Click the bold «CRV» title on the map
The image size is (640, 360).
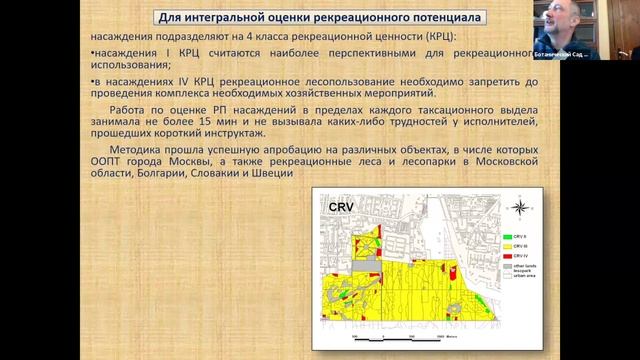(x=344, y=207)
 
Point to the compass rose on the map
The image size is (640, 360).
(x=519, y=208)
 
